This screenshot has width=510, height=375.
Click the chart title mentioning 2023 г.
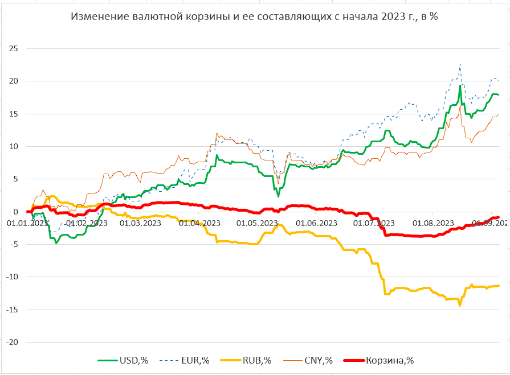(254, 17)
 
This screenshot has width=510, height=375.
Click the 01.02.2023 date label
(87, 223)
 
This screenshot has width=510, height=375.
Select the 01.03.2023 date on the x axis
(140, 223)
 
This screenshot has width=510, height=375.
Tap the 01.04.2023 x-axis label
(199, 223)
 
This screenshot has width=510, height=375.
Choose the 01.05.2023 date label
(257, 223)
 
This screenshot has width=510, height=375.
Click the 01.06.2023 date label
(316, 223)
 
